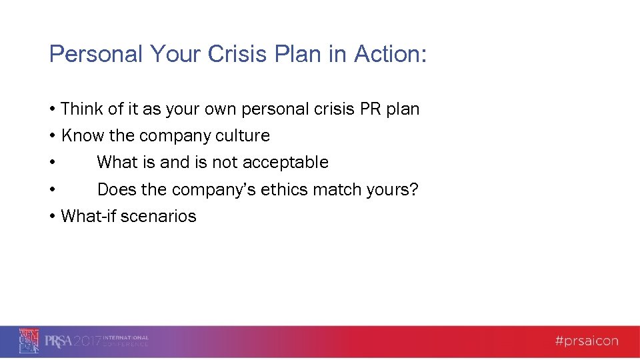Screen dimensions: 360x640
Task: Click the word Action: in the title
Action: (390, 55)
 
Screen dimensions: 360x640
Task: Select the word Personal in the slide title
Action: (96, 55)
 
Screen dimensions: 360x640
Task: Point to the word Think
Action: (81, 109)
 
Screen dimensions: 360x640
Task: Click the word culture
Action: (243, 136)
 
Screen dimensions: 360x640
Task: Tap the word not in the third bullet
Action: (225, 163)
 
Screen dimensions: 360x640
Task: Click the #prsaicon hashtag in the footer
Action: (586, 341)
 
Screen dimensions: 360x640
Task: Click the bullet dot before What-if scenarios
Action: (52, 217)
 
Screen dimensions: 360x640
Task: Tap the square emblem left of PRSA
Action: (29, 341)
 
